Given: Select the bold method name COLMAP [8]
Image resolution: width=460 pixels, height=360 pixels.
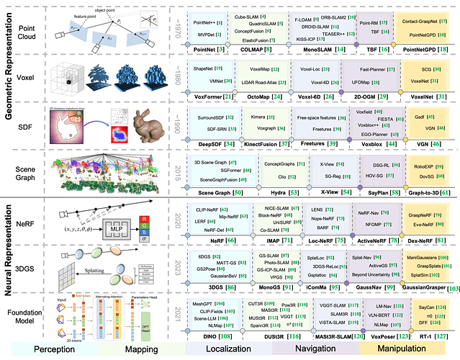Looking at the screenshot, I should (273, 49).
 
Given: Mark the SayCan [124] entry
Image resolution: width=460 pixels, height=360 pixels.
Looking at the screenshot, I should (426, 306).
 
